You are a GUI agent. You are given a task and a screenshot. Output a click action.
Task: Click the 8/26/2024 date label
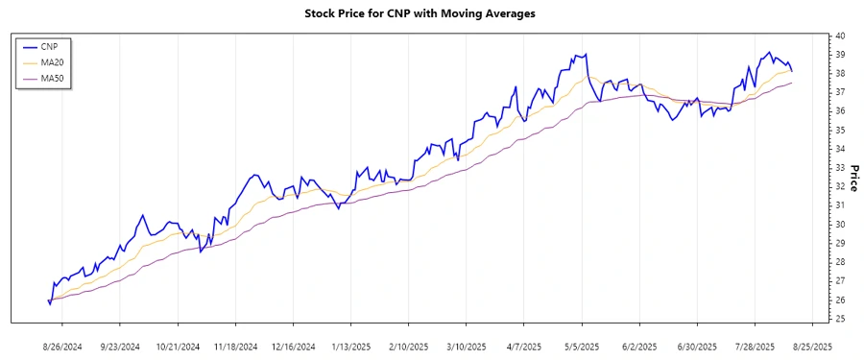pos(61,346)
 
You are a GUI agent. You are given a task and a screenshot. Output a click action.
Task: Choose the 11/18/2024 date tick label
pos(235,346)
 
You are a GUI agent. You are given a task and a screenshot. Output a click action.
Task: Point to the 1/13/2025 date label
pos(350,346)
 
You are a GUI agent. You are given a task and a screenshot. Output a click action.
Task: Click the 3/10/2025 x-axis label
pos(467,346)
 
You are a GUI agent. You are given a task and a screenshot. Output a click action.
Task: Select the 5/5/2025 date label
pos(582,346)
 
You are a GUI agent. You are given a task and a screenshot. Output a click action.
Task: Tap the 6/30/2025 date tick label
pos(698,346)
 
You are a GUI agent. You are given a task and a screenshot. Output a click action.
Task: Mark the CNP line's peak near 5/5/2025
pos(585,54)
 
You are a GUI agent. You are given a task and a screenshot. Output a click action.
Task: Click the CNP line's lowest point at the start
pos(50,304)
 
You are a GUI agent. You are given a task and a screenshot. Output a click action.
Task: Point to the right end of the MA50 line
pos(792,84)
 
